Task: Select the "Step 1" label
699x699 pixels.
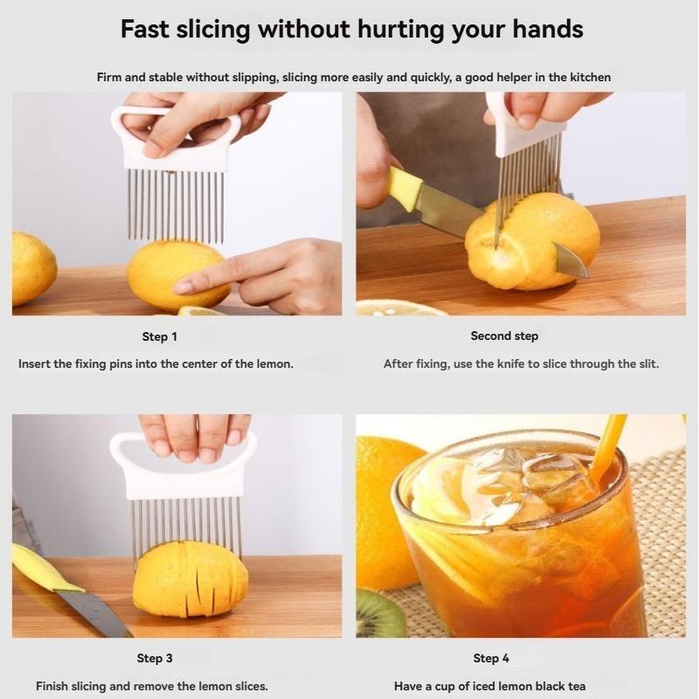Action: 160,336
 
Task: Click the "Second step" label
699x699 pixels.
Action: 504,336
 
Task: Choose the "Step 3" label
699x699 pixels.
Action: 155,658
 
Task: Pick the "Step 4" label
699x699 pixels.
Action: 491,658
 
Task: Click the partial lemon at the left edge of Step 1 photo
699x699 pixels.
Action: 31,268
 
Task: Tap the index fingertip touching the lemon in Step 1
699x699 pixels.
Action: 183,286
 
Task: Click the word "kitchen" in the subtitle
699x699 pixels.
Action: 592,77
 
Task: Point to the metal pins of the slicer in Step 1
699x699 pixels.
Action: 175,205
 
